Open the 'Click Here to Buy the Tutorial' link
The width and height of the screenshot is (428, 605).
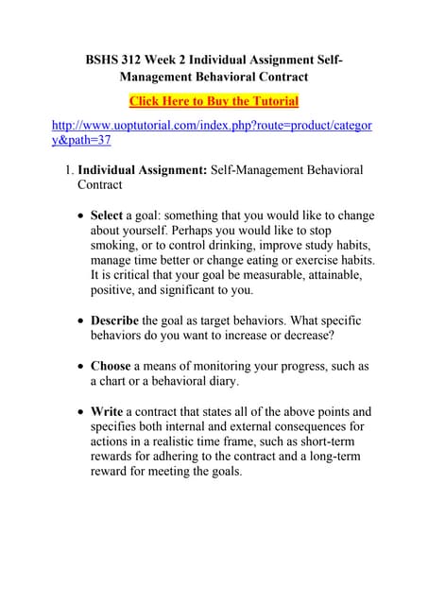pyautogui.click(x=214, y=101)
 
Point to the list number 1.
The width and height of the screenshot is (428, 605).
pyautogui.click(x=67, y=170)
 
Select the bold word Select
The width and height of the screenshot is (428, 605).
pyautogui.click(x=106, y=216)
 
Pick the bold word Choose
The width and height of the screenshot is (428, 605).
pyautogui.click(x=111, y=366)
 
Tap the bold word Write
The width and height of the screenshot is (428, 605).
pyautogui.click(x=107, y=411)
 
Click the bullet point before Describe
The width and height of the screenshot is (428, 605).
pyautogui.click(x=79, y=321)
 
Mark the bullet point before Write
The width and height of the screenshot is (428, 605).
pyautogui.click(x=79, y=411)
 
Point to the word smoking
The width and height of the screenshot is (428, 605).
pyautogui.click(x=113, y=245)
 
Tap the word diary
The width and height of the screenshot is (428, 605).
pyautogui.click(x=251, y=381)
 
